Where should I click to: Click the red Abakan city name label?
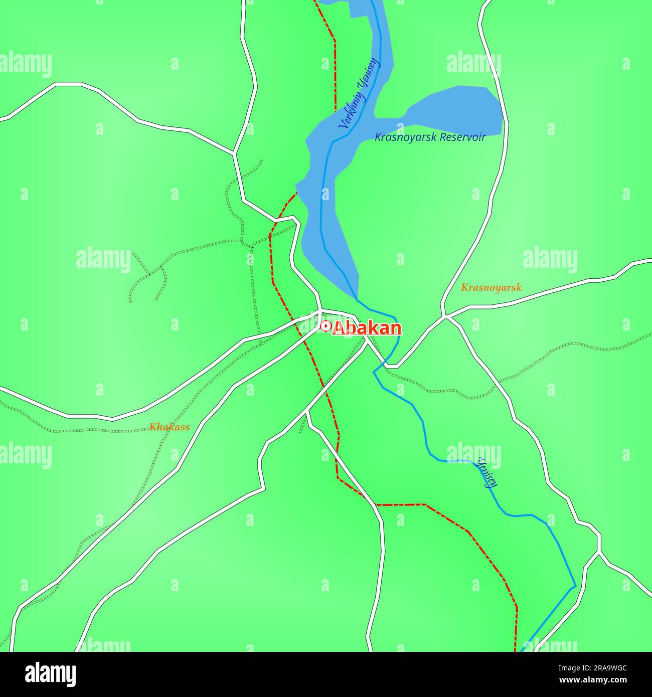point(367,328)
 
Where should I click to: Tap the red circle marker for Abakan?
point(325,327)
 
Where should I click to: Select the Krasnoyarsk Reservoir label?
point(430,137)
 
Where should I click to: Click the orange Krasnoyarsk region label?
point(491,288)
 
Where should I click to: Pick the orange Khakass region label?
point(170,427)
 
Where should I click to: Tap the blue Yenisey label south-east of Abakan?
point(487,472)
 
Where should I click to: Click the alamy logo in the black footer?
point(50,674)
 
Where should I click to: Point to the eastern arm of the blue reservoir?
point(456,110)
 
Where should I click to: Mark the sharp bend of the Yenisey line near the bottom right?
point(575,586)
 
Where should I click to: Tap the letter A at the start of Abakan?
point(339,328)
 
